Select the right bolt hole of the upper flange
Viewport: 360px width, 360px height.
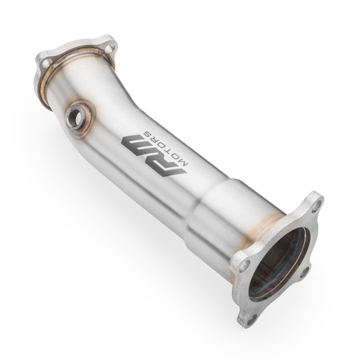[x=106, y=46]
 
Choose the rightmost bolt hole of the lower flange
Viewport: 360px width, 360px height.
[x=305, y=272]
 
